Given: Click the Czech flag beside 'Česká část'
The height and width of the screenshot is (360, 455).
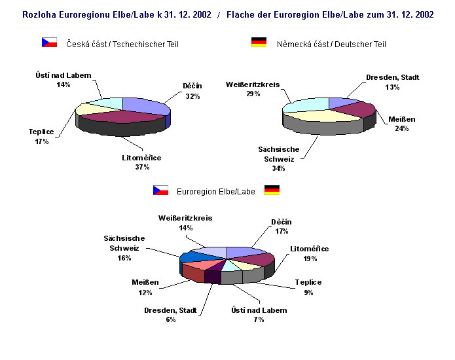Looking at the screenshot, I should click(x=49, y=43).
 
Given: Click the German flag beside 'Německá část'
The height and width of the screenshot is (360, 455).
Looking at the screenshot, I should click(x=259, y=43).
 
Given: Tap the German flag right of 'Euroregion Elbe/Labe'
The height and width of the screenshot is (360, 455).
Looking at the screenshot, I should click(x=272, y=190).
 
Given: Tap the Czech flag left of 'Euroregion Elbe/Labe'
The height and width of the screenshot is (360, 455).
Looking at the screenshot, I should click(x=160, y=190).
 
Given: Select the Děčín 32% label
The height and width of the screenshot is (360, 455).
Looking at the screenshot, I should click(x=192, y=91).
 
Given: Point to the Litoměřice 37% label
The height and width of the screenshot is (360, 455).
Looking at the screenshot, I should click(x=141, y=162).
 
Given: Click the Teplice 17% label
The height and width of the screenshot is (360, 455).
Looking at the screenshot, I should click(x=41, y=135).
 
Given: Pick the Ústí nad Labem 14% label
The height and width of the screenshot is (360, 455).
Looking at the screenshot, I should click(x=64, y=80).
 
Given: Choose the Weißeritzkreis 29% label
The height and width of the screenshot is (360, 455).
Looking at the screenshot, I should click(x=253, y=89).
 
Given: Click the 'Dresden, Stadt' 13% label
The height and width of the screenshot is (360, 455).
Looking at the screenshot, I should click(x=392, y=82).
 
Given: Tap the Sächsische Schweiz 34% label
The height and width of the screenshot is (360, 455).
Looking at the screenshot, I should click(x=279, y=158).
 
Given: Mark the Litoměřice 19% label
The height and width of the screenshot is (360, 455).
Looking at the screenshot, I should click(x=310, y=253).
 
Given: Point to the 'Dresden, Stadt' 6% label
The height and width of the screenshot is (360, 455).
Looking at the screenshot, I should click(x=170, y=314).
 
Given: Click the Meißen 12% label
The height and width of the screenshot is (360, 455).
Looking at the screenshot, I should click(x=145, y=287).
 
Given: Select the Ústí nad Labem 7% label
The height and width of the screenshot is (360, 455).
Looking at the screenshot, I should click(x=259, y=314).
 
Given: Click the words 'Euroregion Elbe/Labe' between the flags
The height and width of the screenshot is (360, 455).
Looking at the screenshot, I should click(x=216, y=191).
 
